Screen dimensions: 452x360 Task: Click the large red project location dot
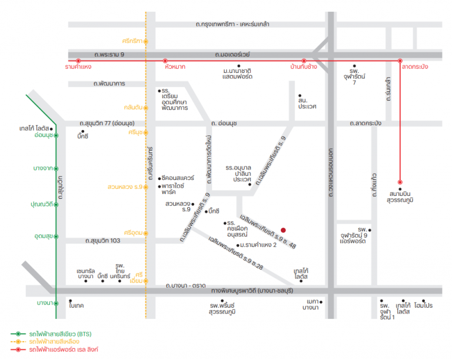pyautogui.click(x=283, y=230)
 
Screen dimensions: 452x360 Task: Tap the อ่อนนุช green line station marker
pyautogui.click(x=56, y=135)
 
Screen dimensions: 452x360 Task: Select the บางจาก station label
pyautogui.click(x=43, y=168)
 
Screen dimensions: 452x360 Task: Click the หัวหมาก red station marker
pyautogui.click(x=165, y=61)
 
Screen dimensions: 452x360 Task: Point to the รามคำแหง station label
pyautogui.click(x=78, y=67)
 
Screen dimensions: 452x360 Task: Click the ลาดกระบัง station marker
pyautogui.click(x=400, y=61)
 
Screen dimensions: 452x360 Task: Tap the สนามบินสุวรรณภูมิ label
pyautogui.click(x=400, y=196)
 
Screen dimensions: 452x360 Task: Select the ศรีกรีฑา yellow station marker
pyautogui.click(x=146, y=42)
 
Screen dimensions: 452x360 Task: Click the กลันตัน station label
pyautogui.click(x=133, y=108)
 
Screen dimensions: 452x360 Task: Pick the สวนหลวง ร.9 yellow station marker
pyautogui.click(x=146, y=187)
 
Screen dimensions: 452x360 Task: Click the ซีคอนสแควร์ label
pyautogui.click(x=178, y=178)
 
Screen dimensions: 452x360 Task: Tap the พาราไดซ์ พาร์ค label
pyautogui.click(x=172, y=189)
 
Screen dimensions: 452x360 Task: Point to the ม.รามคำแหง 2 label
pyautogui.click(x=258, y=245)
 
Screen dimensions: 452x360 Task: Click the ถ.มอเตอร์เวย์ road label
pyautogui.click(x=232, y=55)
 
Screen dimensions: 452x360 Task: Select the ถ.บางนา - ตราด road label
pyautogui.click(x=185, y=285)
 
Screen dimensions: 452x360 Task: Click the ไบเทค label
pyautogui.click(x=77, y=305)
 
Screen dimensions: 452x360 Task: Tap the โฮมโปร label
pyautogui.click(x=423, y=305)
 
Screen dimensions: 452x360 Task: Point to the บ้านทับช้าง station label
pyautogui.click(x=304, y=67)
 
